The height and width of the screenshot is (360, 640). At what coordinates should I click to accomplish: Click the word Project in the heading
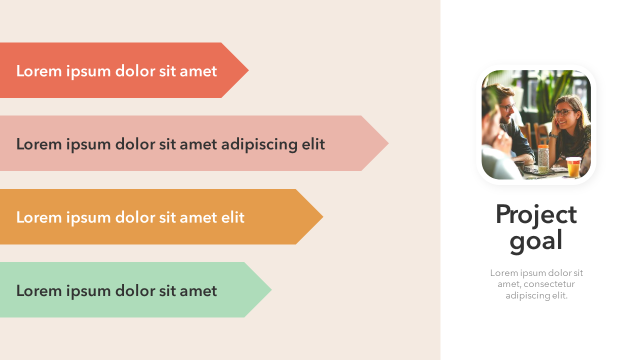tap(536, 215)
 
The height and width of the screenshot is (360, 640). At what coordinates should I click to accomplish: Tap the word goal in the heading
tap(536, 241)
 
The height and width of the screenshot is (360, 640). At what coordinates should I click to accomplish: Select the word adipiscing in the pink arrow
tap(259, 144)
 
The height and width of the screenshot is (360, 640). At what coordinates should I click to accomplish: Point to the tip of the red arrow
tap(248, 70)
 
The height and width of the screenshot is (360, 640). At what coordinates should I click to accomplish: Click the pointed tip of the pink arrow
tap(388, 143)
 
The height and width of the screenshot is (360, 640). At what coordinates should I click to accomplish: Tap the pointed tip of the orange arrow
tap(323, 216)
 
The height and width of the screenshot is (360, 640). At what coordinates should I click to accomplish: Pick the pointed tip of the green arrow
tap(271, 289)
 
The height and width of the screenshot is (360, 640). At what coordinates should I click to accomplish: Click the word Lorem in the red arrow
tap(39, 71)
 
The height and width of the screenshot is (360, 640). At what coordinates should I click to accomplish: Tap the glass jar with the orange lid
tap(543, 159)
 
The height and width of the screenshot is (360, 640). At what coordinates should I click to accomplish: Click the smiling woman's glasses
tap(563, 112)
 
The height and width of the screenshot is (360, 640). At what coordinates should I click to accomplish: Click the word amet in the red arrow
tap(198, 71)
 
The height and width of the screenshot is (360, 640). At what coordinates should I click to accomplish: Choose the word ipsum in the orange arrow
tap(88, 218)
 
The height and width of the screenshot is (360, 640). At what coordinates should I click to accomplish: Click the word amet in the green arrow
tap(198, 290)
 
